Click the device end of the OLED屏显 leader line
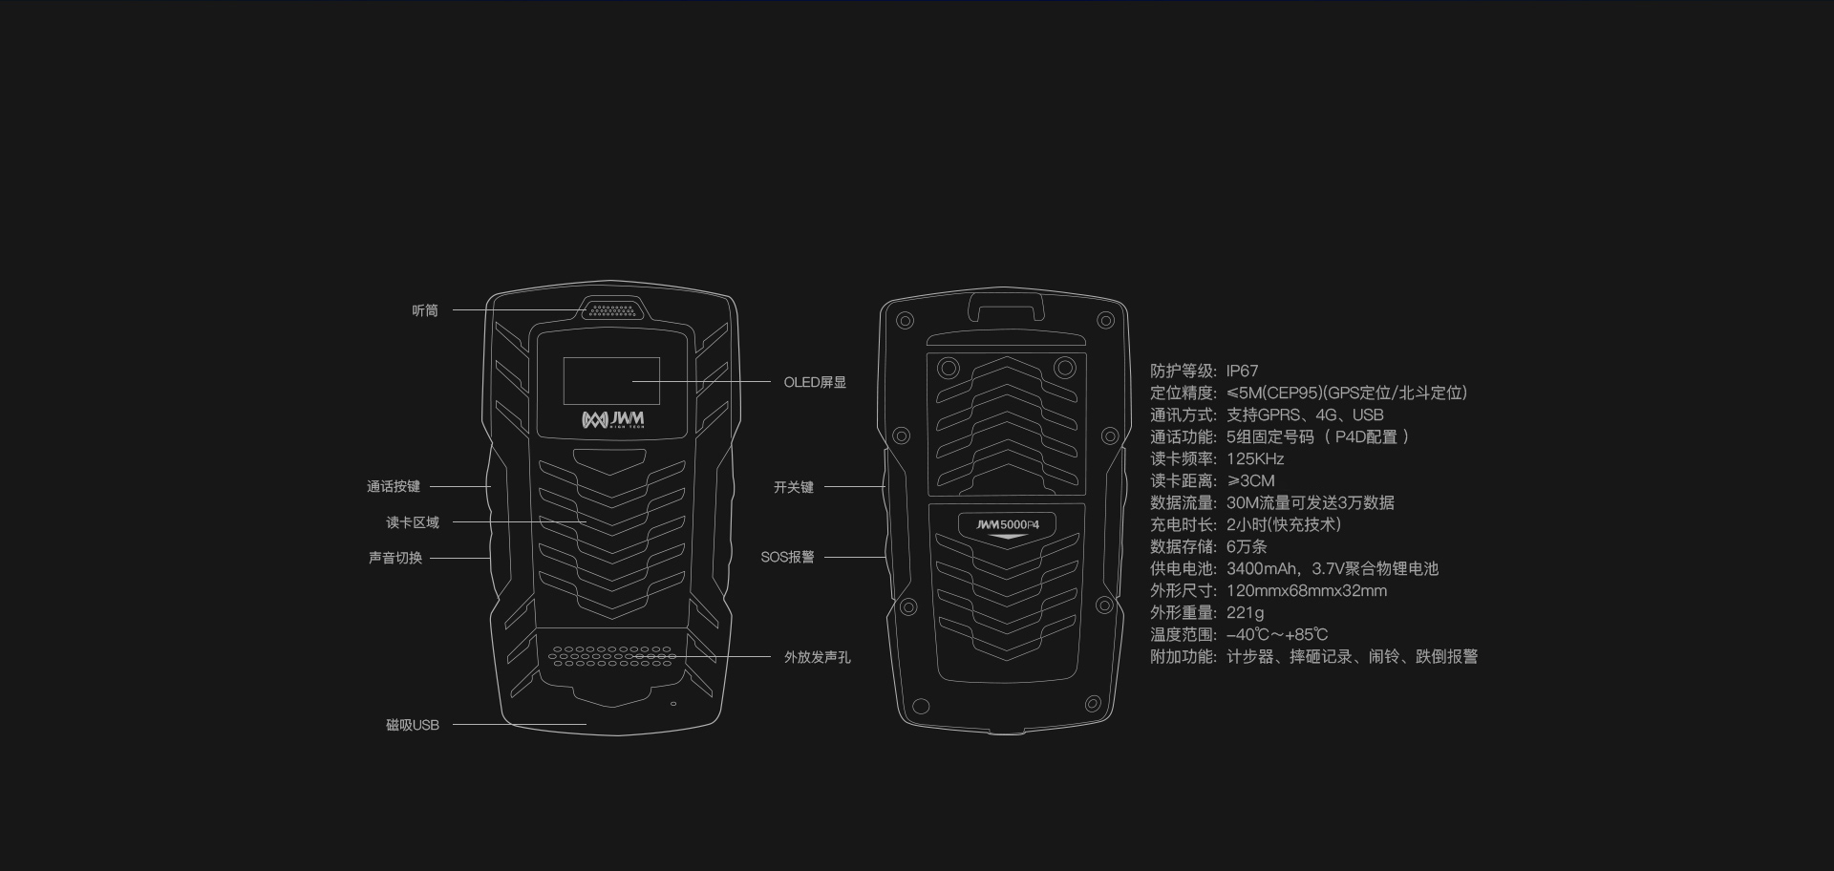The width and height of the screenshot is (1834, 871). point(632,382)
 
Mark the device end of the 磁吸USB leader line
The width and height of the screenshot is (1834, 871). point(586,725)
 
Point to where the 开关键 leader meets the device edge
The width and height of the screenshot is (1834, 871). point(885,487)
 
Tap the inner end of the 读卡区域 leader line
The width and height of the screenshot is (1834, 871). point(586,522)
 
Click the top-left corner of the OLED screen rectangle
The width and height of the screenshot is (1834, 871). point(563,358)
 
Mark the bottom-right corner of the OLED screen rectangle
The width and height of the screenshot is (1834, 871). point(660,405)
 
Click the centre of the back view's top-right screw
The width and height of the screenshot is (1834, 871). point(1105,320)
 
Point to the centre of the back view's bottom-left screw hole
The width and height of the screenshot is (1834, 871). point(921,707)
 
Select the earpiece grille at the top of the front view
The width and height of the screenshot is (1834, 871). point(612,310)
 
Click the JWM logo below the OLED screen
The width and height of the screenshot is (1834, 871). point(613,420)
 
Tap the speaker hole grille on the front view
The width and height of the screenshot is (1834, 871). point(612,655)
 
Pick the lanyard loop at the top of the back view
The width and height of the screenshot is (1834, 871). point(1006,307)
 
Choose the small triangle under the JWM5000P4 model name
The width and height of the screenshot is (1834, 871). point(1008,537)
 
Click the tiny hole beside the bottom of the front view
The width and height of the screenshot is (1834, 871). point(673,704)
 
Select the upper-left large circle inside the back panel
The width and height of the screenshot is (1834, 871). point(949,368)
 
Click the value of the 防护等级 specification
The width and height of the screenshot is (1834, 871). point(1243,371)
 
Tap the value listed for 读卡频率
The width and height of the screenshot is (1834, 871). point(1255,458)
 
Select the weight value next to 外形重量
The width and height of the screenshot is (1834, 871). point(1245,612)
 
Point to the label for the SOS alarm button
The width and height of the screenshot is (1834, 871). point(787,557)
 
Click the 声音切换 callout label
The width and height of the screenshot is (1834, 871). point(395,558)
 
